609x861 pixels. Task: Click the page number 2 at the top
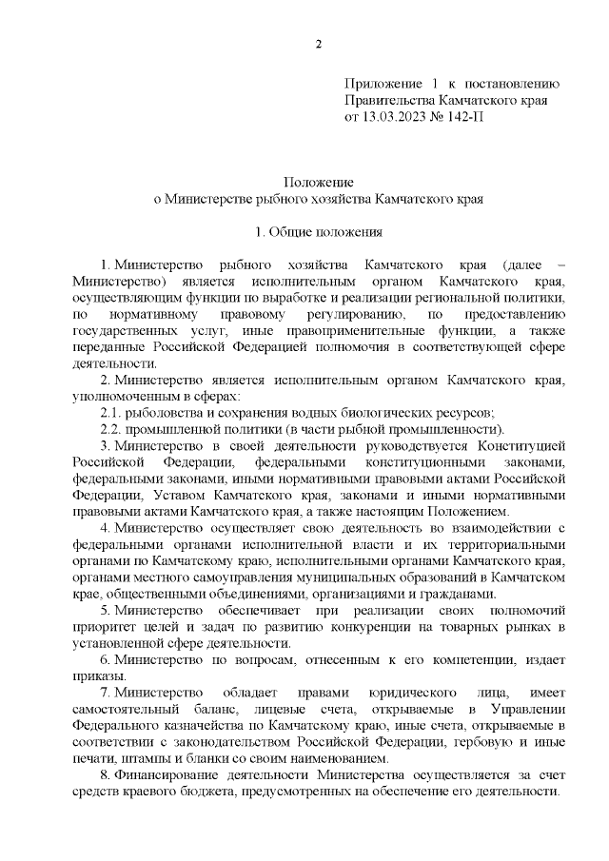coord(320,45)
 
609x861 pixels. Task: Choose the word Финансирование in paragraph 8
coord(161,775)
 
